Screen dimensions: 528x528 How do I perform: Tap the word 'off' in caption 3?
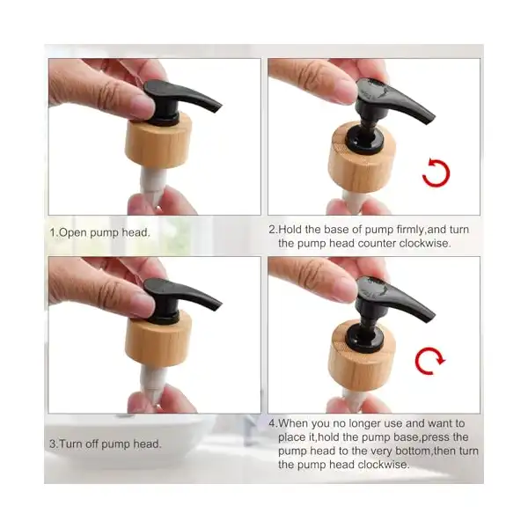point(92,444)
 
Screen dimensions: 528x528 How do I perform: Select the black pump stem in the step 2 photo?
point(367,126)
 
